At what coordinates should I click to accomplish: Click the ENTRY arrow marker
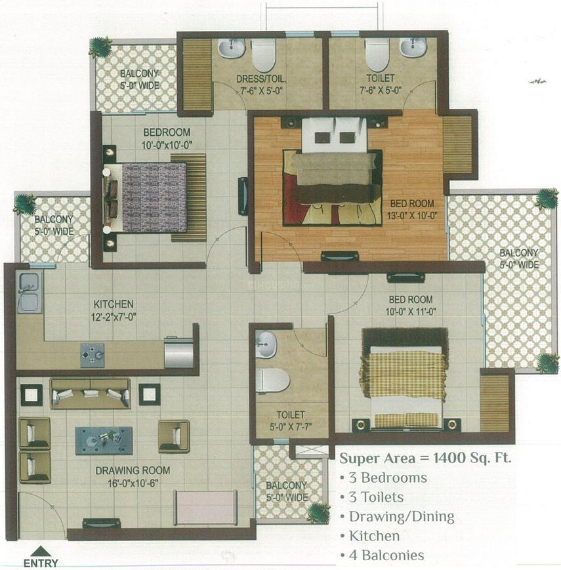pos(41,552)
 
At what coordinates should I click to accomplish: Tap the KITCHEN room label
pos(114,304)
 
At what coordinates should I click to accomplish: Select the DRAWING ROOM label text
pos(133,470)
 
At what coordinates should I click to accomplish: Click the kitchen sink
pos(29,292)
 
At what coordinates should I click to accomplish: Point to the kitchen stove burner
pos(93,355)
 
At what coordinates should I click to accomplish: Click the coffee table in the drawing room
pos(104,440)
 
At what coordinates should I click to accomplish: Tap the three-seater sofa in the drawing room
pos(90,393)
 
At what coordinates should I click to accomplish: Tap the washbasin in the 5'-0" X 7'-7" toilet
pos(266,345)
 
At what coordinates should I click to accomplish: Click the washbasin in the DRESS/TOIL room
pos(231,48)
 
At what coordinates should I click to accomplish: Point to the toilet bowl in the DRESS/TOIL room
pos(264,54)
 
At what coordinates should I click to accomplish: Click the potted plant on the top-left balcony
pos(100,47)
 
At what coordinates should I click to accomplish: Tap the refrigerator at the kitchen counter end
pos(178,353)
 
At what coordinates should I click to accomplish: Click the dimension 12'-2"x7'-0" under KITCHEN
pos(114,317)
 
